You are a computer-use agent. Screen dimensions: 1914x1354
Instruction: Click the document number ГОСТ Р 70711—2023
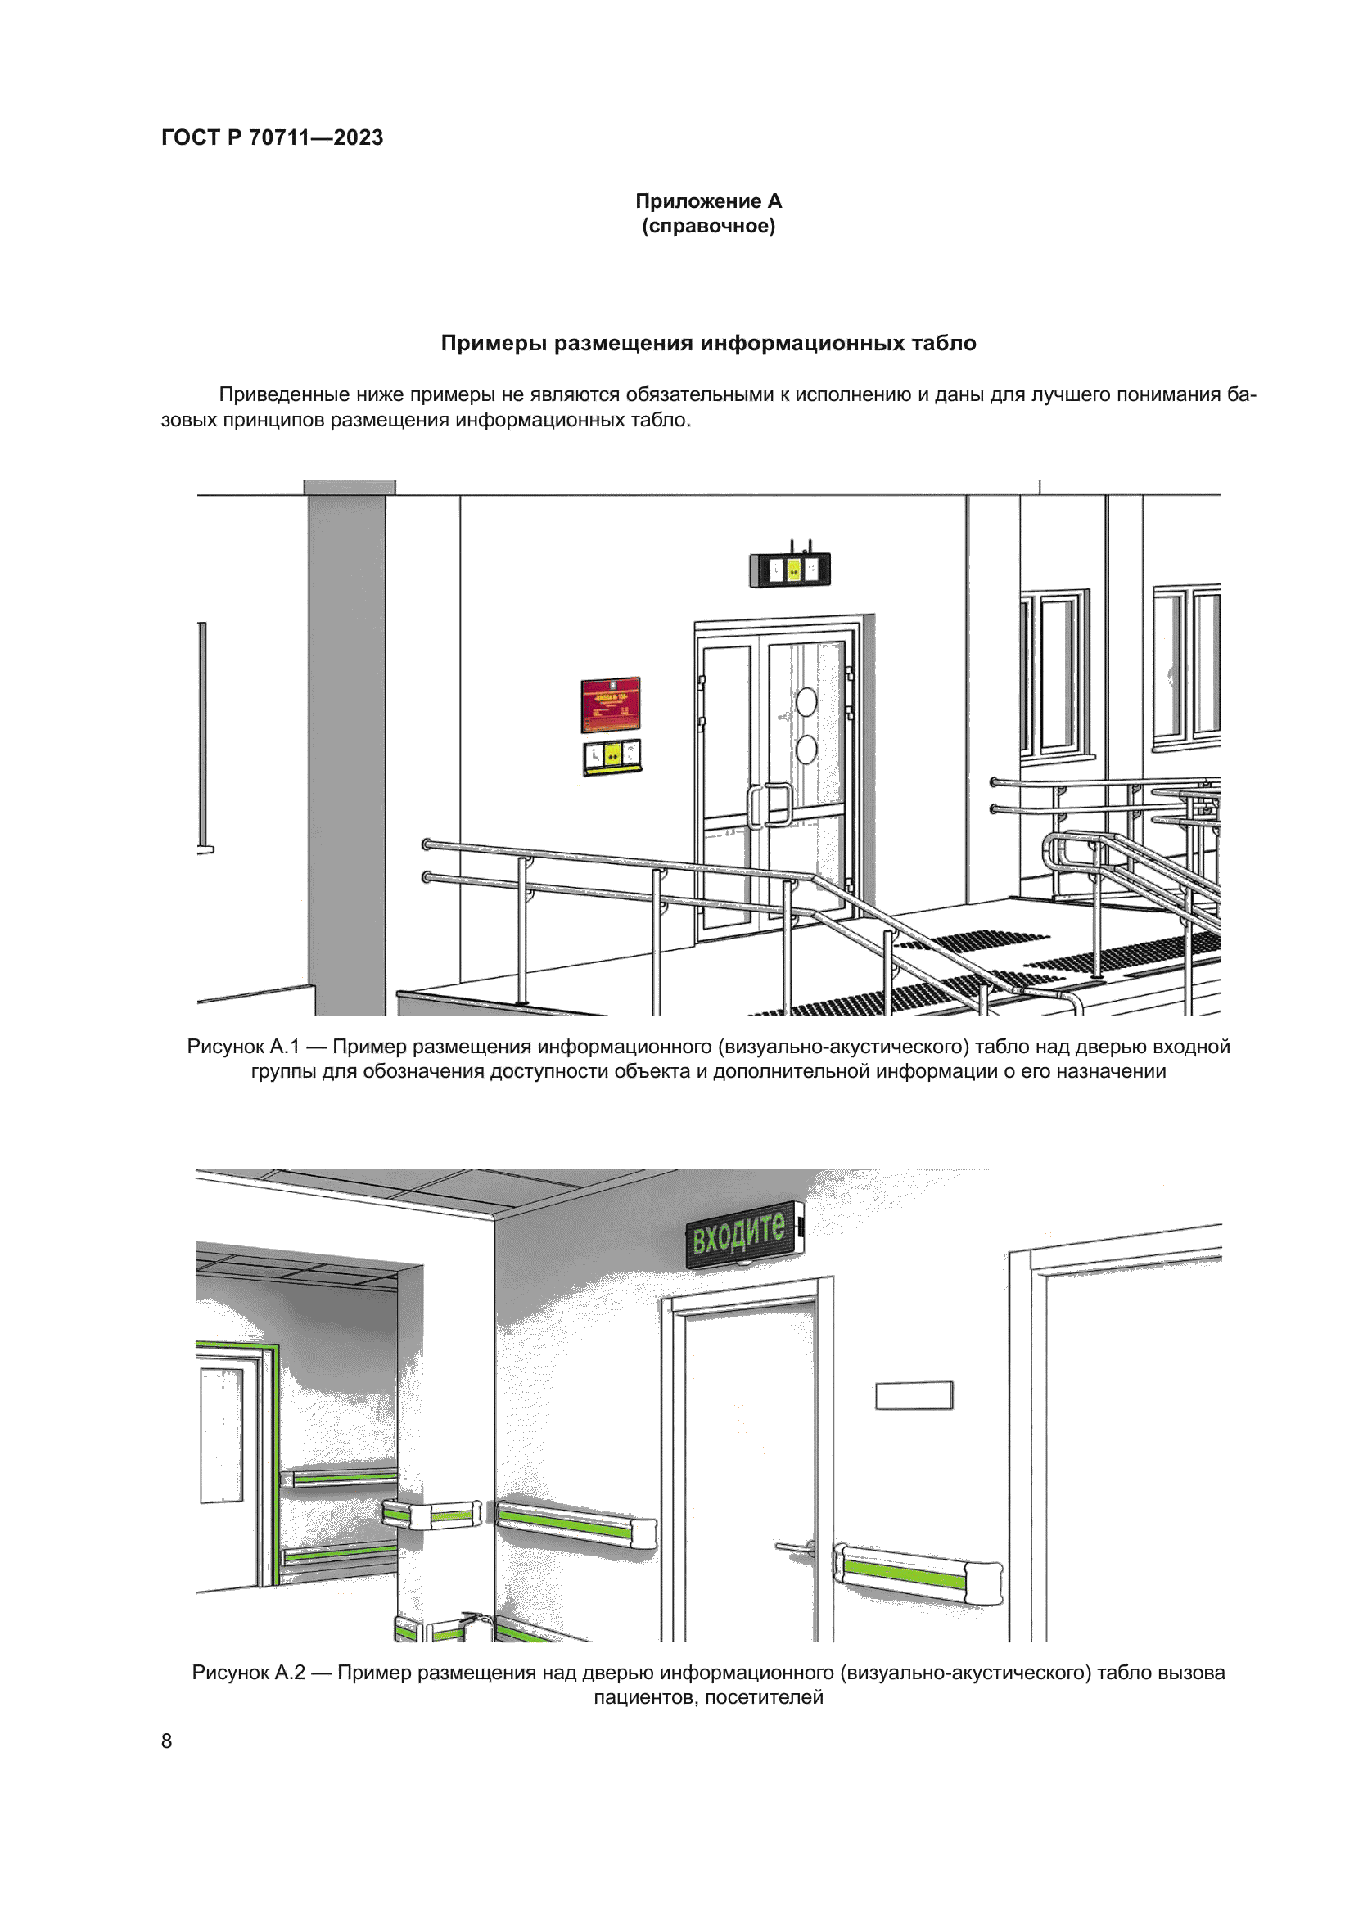point(272,137)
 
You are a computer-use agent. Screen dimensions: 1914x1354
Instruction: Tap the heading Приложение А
point(708,201)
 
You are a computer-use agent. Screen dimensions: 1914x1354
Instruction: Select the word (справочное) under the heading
point(708,226)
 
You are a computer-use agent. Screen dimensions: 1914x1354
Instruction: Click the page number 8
point(167,1741)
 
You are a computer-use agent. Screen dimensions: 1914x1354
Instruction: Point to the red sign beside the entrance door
point(611,705)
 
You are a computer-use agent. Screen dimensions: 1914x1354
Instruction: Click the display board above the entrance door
point(789,570)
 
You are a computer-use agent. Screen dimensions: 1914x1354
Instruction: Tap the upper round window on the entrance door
point(806,702)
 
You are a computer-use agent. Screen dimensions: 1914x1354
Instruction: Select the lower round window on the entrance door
point(806,750)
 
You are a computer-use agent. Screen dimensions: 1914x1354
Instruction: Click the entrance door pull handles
point(770,805)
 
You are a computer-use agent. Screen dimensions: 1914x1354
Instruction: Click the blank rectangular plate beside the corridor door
point(914,1395)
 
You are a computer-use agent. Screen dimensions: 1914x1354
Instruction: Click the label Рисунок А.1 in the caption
point(242,1047)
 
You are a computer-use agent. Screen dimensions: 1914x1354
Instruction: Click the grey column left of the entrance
point(347,750)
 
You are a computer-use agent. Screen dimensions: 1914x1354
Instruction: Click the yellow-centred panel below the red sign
point(612,756)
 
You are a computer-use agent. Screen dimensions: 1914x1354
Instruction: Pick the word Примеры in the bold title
point(494,344)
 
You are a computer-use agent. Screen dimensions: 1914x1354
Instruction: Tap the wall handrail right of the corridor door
point(917,1572)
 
